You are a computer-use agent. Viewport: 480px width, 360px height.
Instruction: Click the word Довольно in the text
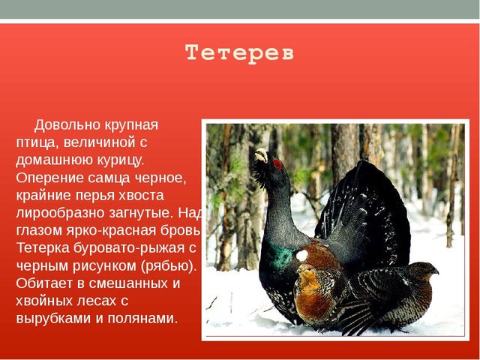click(67, 125)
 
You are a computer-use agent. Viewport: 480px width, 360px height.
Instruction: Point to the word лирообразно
click(61, 213)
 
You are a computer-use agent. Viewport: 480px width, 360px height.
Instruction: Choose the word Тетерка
click(43, 248)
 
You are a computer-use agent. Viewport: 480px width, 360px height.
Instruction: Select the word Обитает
click(45, 283)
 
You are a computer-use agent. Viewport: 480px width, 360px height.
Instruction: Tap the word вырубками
click(53, 319)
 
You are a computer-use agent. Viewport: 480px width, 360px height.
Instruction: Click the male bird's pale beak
click(261, 154)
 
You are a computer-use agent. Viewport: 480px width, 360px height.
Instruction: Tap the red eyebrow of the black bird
click(277, 164)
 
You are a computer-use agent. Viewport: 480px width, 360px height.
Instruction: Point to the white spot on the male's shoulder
click(301, 255)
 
